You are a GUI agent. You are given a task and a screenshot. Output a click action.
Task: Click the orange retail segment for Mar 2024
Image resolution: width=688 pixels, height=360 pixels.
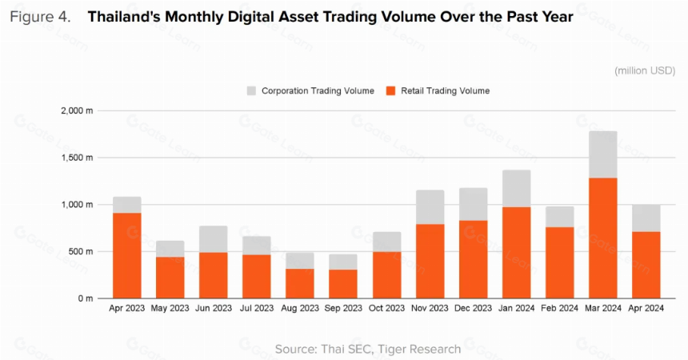[603, 238]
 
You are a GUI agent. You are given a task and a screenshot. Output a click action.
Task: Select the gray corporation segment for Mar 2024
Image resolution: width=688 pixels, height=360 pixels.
[603, 154]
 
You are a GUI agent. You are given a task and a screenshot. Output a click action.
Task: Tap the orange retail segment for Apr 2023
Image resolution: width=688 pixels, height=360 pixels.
[127, 255]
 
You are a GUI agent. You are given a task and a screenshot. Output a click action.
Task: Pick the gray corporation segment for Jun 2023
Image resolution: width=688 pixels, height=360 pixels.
[214, 239]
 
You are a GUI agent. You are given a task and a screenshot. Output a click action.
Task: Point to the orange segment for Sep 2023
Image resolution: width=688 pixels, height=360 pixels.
[343, 284]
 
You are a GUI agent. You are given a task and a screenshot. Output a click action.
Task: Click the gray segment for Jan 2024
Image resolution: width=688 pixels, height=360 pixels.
[517, 188]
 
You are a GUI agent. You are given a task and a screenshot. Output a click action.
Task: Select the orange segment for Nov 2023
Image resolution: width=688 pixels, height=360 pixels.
[430, 262]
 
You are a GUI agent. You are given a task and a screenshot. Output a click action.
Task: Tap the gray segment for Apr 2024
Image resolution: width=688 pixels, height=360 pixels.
[646, 218]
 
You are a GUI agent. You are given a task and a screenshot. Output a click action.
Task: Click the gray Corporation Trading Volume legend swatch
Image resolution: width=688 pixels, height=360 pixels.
[251, 91]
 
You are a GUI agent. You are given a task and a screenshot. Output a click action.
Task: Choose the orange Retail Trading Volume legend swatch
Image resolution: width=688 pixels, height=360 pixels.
[390, 91]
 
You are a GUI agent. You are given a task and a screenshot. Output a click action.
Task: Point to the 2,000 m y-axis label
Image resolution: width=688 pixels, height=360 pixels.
[77, 110]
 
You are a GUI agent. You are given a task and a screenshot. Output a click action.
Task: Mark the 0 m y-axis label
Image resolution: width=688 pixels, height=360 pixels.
[86, 298]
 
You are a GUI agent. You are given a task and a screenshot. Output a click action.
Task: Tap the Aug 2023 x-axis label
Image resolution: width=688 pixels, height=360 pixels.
[300, 308]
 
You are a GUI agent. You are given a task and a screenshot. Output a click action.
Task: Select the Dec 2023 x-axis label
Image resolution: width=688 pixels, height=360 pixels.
[473, 308]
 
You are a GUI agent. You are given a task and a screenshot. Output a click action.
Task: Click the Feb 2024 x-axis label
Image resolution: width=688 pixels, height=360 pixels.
[559, 308]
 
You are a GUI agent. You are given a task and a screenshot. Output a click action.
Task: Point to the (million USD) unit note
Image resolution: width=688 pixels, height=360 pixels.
[645, 70]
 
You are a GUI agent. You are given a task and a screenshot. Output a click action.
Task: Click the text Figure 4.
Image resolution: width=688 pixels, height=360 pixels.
[40, 17]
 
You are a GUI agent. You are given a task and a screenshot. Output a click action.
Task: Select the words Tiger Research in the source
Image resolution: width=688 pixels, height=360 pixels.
[419, 349]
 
